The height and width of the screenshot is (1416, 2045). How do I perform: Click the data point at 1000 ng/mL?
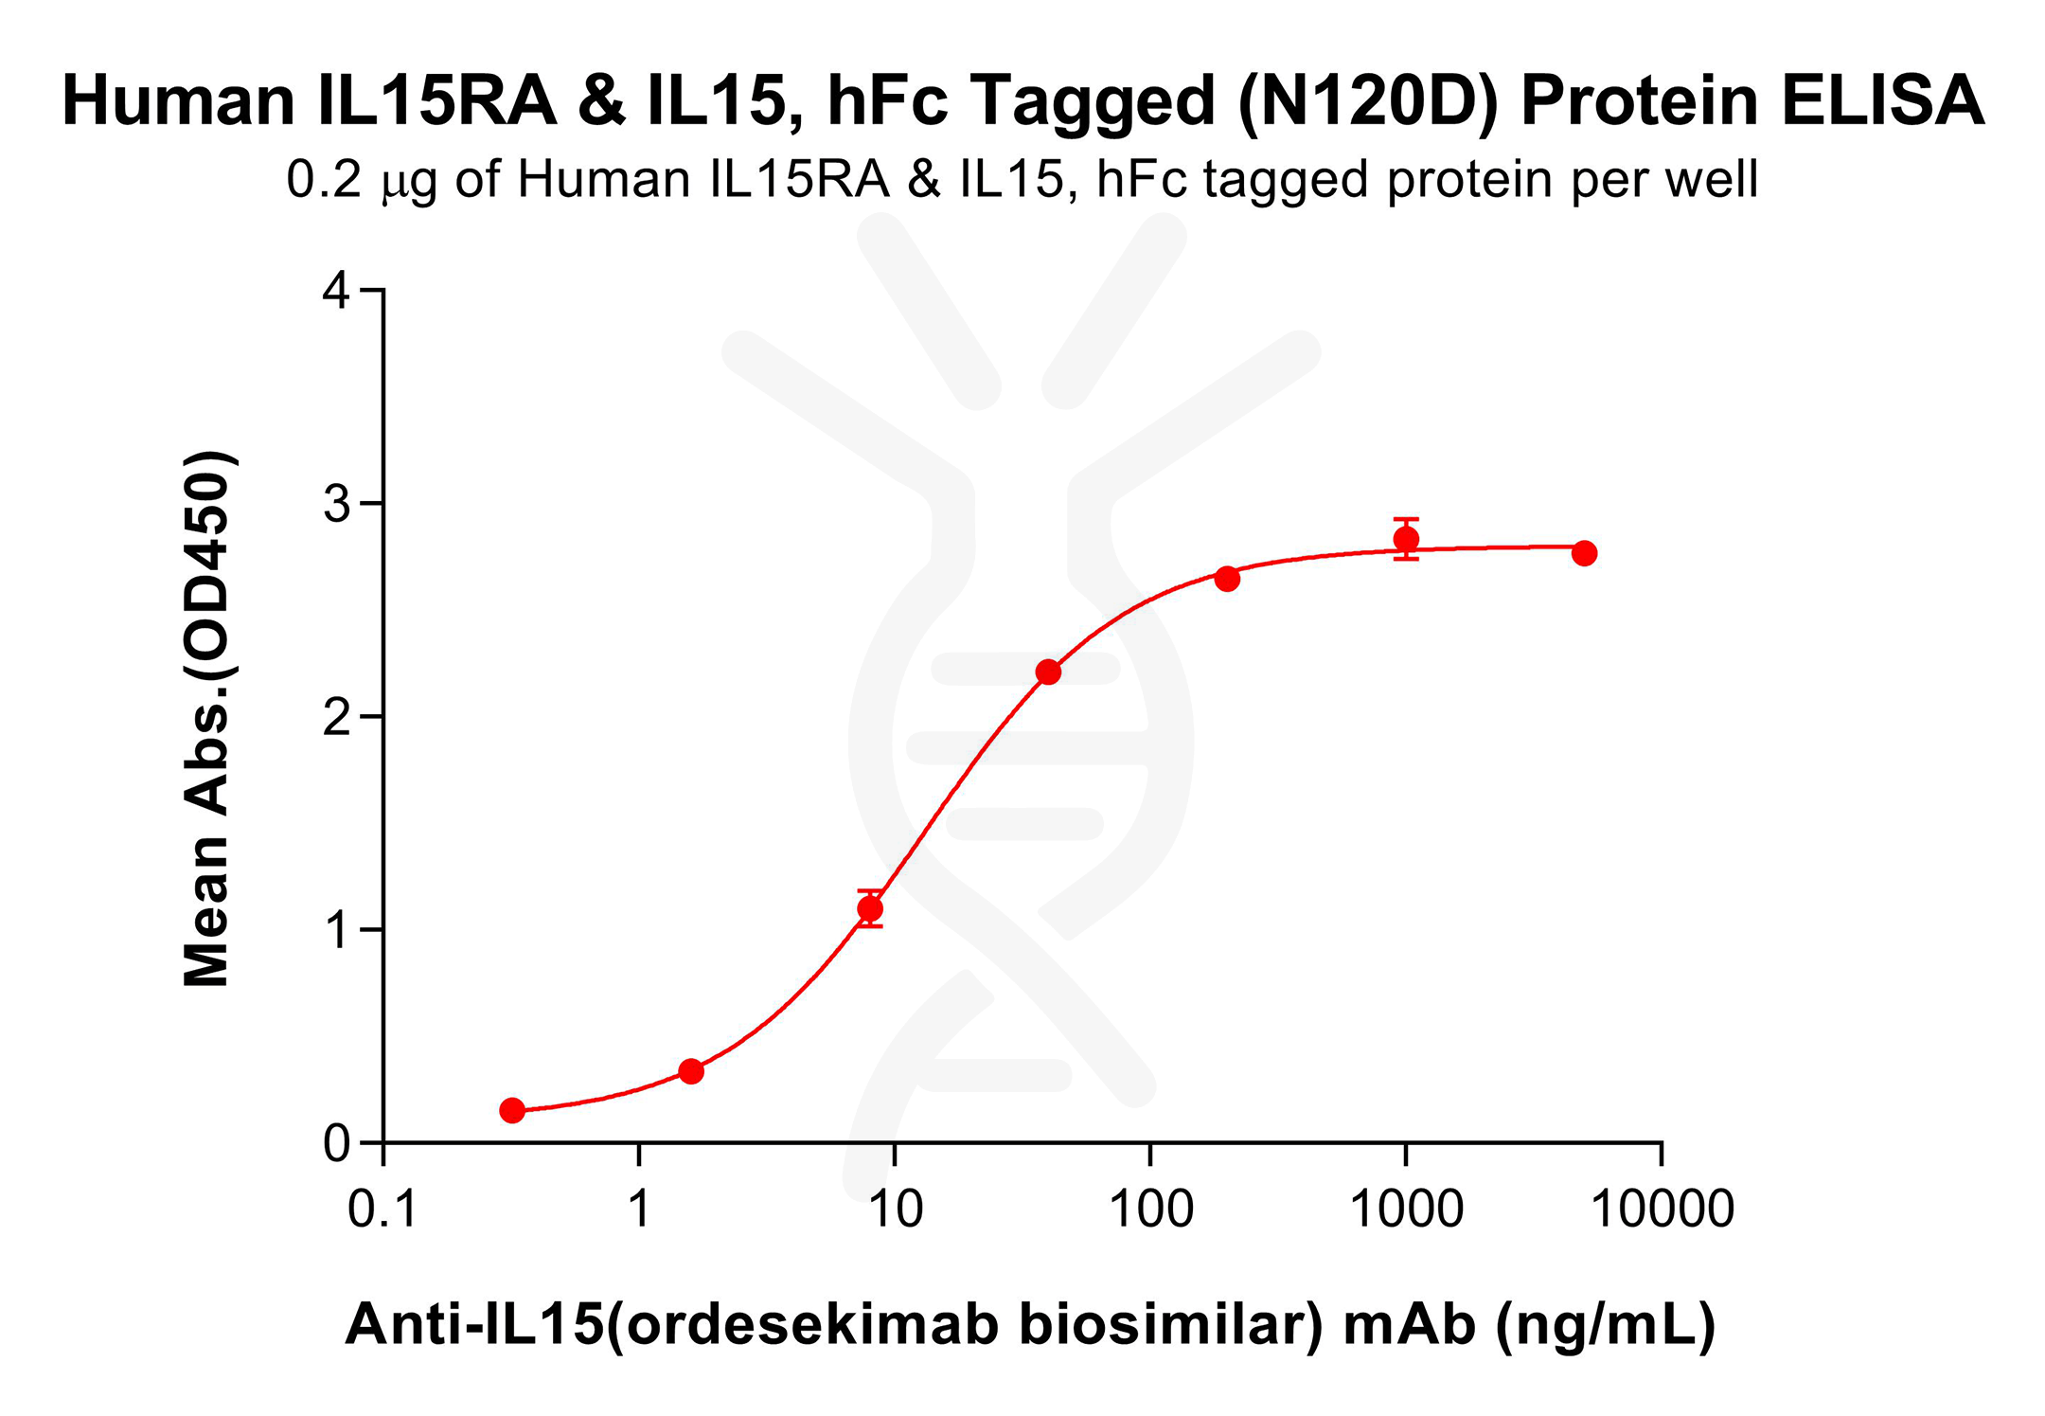click(1406, 540)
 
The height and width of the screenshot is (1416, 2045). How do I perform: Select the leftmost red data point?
click(512, 1110)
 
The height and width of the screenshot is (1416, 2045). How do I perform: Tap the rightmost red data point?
click(1584, 553)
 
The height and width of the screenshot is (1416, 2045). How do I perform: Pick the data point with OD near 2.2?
click(1048, 672)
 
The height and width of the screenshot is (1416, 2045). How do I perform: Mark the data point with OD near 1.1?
click(870, 909)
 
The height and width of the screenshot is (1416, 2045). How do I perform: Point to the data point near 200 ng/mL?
click(1227, 579)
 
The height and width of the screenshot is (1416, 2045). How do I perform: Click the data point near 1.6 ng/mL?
click(691, 1071)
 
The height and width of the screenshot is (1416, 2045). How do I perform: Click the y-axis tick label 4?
click(336, 291)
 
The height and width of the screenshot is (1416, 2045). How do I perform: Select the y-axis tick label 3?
click(336, 504)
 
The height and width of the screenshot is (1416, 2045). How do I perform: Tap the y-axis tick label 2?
click(336, 717)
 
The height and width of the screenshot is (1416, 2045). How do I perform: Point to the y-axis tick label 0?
click(336, 1144)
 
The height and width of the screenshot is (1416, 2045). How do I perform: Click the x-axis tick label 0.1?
click(382, 1210)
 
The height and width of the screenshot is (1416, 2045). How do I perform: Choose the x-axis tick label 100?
click(1150, 1210)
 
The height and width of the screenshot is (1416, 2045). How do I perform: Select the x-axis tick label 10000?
click(1663, 1210)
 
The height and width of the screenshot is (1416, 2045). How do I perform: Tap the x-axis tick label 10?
click(895, 1210)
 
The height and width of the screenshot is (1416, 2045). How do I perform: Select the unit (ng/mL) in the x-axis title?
click(1605, 1324)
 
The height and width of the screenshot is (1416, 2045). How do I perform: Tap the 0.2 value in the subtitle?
click(324, 180)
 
